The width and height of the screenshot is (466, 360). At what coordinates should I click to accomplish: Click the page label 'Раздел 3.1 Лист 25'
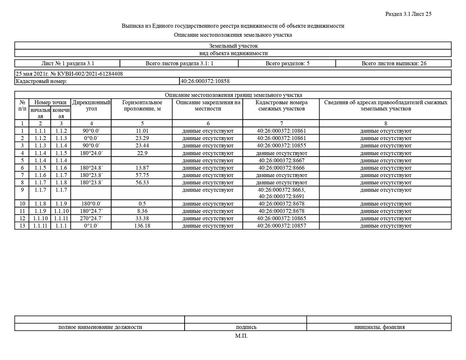(x=408, y=14)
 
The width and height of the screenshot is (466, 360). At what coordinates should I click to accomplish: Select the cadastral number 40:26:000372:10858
(x=205, y=81)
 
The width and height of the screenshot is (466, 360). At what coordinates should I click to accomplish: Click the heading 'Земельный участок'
(x=233, y=46)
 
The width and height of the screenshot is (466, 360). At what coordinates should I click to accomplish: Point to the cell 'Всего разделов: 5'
(x=287, y=63)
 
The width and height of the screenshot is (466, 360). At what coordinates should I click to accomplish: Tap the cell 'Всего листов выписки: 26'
(x=394, y=63)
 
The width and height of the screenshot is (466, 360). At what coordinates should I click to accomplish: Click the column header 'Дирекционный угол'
(x=91, y=105)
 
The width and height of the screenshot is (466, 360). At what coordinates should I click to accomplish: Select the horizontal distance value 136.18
(x=142, y=226)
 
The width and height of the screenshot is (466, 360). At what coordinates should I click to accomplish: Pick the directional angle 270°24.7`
(x=91, y=218)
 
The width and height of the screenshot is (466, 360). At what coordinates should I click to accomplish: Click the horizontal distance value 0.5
(x=142, y=204)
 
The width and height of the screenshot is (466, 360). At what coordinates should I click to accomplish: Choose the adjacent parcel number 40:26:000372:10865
(x=281, y=218)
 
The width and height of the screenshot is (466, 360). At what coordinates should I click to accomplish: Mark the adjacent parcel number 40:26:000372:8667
(x=281, y=160)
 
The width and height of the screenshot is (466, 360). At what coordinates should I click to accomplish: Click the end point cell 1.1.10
(x=61, y=211)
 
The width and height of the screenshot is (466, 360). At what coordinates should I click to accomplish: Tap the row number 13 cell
(x=22, y=226)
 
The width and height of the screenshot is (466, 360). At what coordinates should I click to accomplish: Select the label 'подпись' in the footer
(x=246, y=327)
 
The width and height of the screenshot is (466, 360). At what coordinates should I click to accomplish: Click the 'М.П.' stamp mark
(x=241, y=336)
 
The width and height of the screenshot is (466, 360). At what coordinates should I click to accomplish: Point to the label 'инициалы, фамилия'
(x=379, y=327)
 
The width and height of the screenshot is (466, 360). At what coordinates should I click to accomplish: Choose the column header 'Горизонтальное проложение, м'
(x=142, y=105)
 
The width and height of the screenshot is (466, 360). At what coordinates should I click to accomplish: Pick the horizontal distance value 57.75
(x=142, y=175)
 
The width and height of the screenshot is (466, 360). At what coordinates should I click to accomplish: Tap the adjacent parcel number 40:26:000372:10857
(x=281, y=226)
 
